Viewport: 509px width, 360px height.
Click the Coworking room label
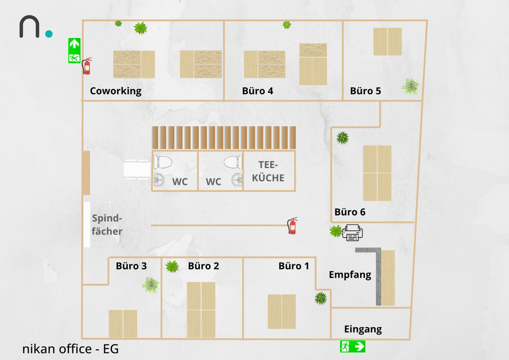116,91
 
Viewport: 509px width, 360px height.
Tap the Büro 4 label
258,91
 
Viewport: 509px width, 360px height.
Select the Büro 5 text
365,91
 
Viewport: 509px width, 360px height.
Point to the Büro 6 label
350,212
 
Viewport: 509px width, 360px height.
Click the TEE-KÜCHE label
268,171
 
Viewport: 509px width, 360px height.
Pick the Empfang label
350,275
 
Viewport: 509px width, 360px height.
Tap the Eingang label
363,329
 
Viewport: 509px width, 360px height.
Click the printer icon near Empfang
354,232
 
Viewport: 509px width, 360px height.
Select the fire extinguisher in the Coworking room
87,66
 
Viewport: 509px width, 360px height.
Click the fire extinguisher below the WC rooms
292,225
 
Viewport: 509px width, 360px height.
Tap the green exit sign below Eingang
353,347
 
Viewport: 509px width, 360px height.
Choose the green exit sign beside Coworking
74,50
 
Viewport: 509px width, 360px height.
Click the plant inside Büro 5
410,86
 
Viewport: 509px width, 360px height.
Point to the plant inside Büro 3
151,285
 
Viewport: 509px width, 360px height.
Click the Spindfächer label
107,225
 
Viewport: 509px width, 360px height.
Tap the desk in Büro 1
282,311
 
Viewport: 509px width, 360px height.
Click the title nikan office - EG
71,349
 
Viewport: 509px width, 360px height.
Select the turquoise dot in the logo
49,34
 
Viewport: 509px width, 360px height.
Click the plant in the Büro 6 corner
343,138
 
